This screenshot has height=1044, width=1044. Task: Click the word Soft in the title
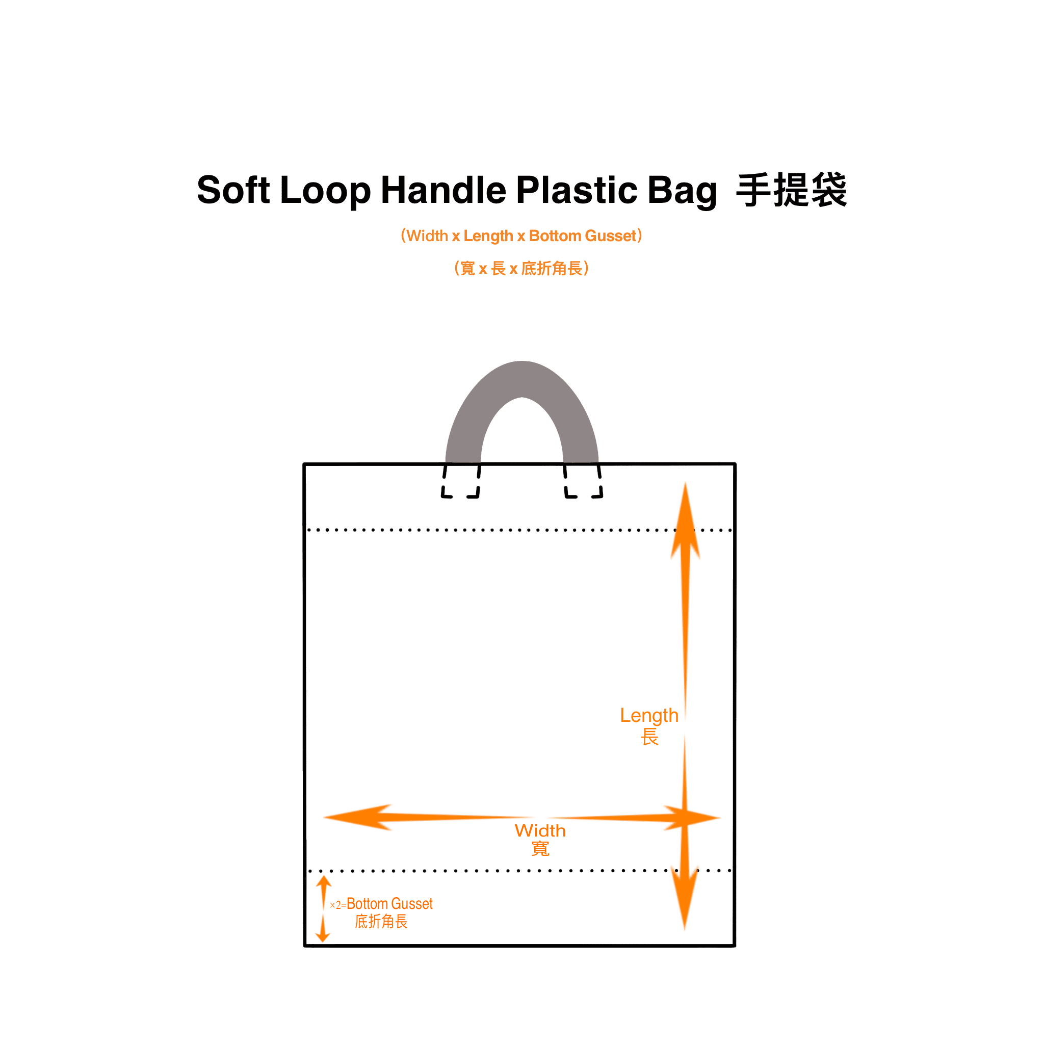233,190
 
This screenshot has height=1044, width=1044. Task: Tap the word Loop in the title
325,190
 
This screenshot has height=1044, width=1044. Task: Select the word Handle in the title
443,190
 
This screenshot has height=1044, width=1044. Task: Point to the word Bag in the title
682,191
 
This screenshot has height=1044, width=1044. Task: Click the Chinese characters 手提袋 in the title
791,190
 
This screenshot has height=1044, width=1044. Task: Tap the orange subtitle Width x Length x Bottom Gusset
521,236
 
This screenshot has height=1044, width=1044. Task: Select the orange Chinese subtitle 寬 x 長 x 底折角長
521,268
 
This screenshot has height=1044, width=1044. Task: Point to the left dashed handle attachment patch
460,481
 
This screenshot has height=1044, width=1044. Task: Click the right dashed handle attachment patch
583,481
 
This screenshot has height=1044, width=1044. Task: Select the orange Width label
540,831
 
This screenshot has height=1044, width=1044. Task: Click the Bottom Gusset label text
389,904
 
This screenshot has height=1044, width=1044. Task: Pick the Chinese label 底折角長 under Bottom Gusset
381,922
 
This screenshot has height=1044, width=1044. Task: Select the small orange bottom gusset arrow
323,908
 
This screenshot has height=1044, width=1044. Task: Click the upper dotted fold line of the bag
486,530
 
